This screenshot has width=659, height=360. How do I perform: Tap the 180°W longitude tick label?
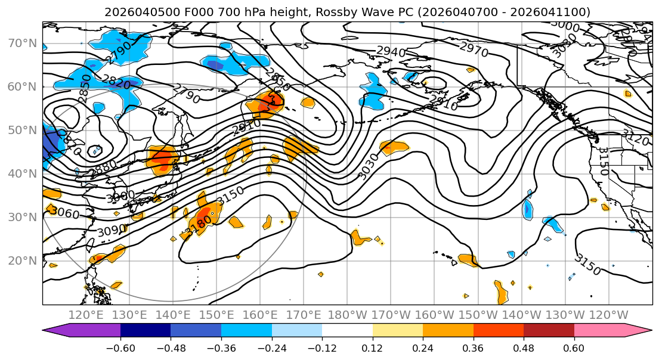[347, 315]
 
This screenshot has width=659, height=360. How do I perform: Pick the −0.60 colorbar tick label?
[120, 347]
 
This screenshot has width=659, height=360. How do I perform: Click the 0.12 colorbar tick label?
[372, 347]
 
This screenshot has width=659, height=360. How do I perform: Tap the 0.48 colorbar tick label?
[524, 347]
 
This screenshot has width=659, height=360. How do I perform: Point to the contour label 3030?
[368, 166]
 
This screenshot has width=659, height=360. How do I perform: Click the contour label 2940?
[391, 52]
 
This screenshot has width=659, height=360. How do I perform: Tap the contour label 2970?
[474, 49]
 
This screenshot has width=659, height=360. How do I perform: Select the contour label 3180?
[199, 225]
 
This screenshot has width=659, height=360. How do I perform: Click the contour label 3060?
[64, 211]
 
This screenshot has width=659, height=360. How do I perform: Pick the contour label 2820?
[116, 82]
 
